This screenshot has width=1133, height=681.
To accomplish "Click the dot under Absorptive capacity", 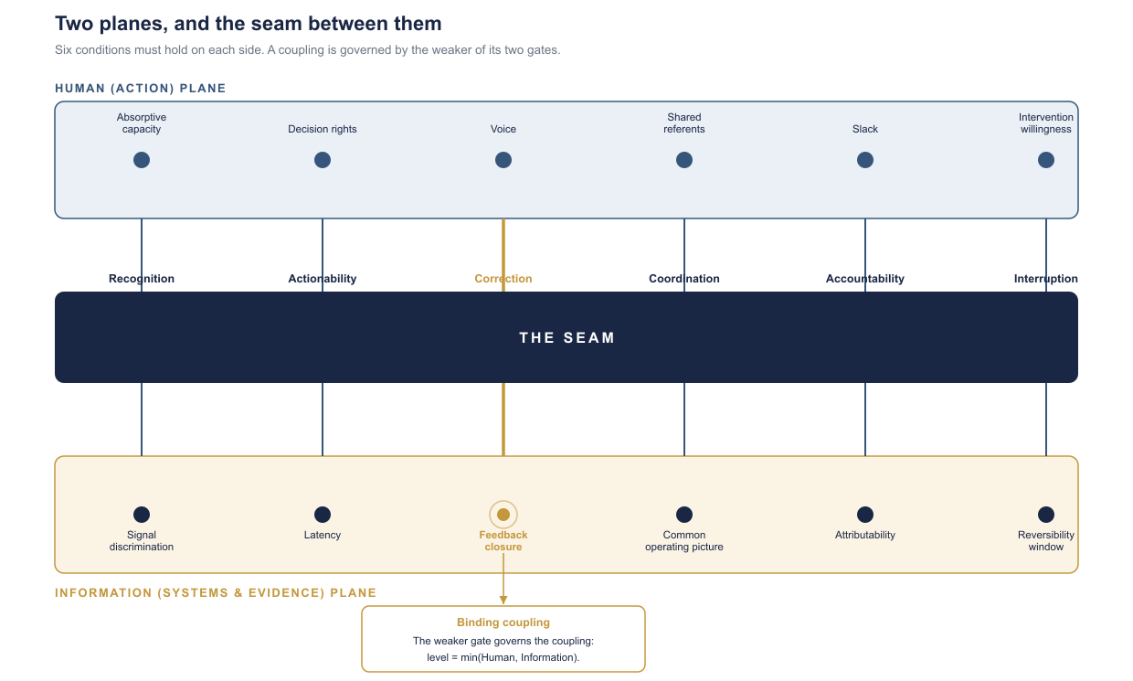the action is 142,160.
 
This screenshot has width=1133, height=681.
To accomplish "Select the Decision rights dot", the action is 323,160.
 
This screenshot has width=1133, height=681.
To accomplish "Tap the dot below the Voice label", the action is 503,160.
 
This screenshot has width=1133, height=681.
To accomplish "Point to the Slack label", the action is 865,129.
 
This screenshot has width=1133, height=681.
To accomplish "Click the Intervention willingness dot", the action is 1046,160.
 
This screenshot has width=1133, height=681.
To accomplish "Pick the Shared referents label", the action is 683,122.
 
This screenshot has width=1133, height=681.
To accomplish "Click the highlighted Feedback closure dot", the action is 503,515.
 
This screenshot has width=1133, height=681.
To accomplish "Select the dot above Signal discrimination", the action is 142,515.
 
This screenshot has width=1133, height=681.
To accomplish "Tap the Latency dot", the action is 323,515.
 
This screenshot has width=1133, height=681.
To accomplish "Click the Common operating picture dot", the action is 683,515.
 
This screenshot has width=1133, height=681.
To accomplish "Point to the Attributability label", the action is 865,535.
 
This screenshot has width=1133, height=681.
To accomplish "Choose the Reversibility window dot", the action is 1046,515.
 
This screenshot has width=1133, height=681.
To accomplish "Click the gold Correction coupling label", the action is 503,279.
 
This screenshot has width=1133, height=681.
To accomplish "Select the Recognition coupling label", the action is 142,279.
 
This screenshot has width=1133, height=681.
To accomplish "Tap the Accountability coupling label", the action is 865,279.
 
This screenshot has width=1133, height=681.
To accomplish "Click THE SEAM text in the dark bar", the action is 566,337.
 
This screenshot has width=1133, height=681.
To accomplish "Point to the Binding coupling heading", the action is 503,622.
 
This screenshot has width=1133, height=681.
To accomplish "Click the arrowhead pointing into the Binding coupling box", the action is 503,600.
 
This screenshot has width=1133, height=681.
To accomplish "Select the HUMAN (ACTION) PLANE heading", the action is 141,88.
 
